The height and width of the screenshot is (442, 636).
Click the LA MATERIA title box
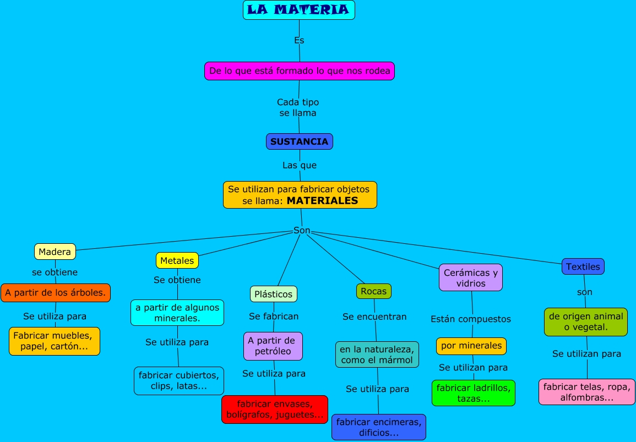coord(298,10)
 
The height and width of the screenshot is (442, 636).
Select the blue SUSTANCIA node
coord(299,141)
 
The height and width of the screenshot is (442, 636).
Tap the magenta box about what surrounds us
coord(300,71)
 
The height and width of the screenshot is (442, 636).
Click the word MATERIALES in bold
coord(322,201)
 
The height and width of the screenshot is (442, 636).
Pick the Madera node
coord(55,252)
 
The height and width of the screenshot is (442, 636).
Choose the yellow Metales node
coord(177,260)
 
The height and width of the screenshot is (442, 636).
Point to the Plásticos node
coord(274,294)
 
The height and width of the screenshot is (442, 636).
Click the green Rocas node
coord(374,291)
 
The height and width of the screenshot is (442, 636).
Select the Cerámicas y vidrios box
coord(471,278)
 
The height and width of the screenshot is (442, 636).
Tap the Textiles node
coord(583,266)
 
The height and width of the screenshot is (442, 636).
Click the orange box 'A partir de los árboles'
coord(56,293)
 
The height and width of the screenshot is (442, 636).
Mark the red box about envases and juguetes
coord(275,409)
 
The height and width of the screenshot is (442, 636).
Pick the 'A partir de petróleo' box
coord(274,346)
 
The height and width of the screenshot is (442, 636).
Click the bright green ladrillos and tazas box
coord(474,393)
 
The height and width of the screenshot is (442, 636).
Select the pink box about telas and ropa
coord(586,392)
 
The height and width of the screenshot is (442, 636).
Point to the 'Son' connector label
coord(302,231)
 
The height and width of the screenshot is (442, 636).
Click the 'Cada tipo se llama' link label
coord(298,107)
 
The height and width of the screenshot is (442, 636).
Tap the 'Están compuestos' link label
coord(471,319)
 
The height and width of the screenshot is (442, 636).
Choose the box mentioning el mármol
coord(377,354)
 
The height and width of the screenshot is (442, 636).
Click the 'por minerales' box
coord(471,346)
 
